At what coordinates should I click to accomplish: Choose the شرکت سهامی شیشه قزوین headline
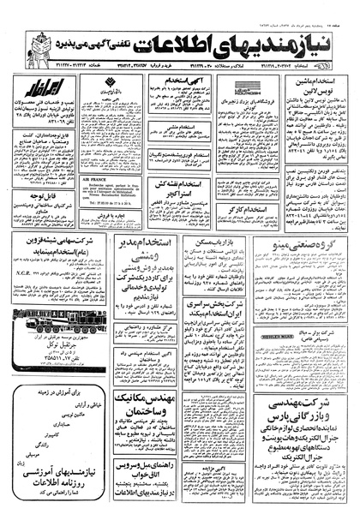click(x=54, y=245)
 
